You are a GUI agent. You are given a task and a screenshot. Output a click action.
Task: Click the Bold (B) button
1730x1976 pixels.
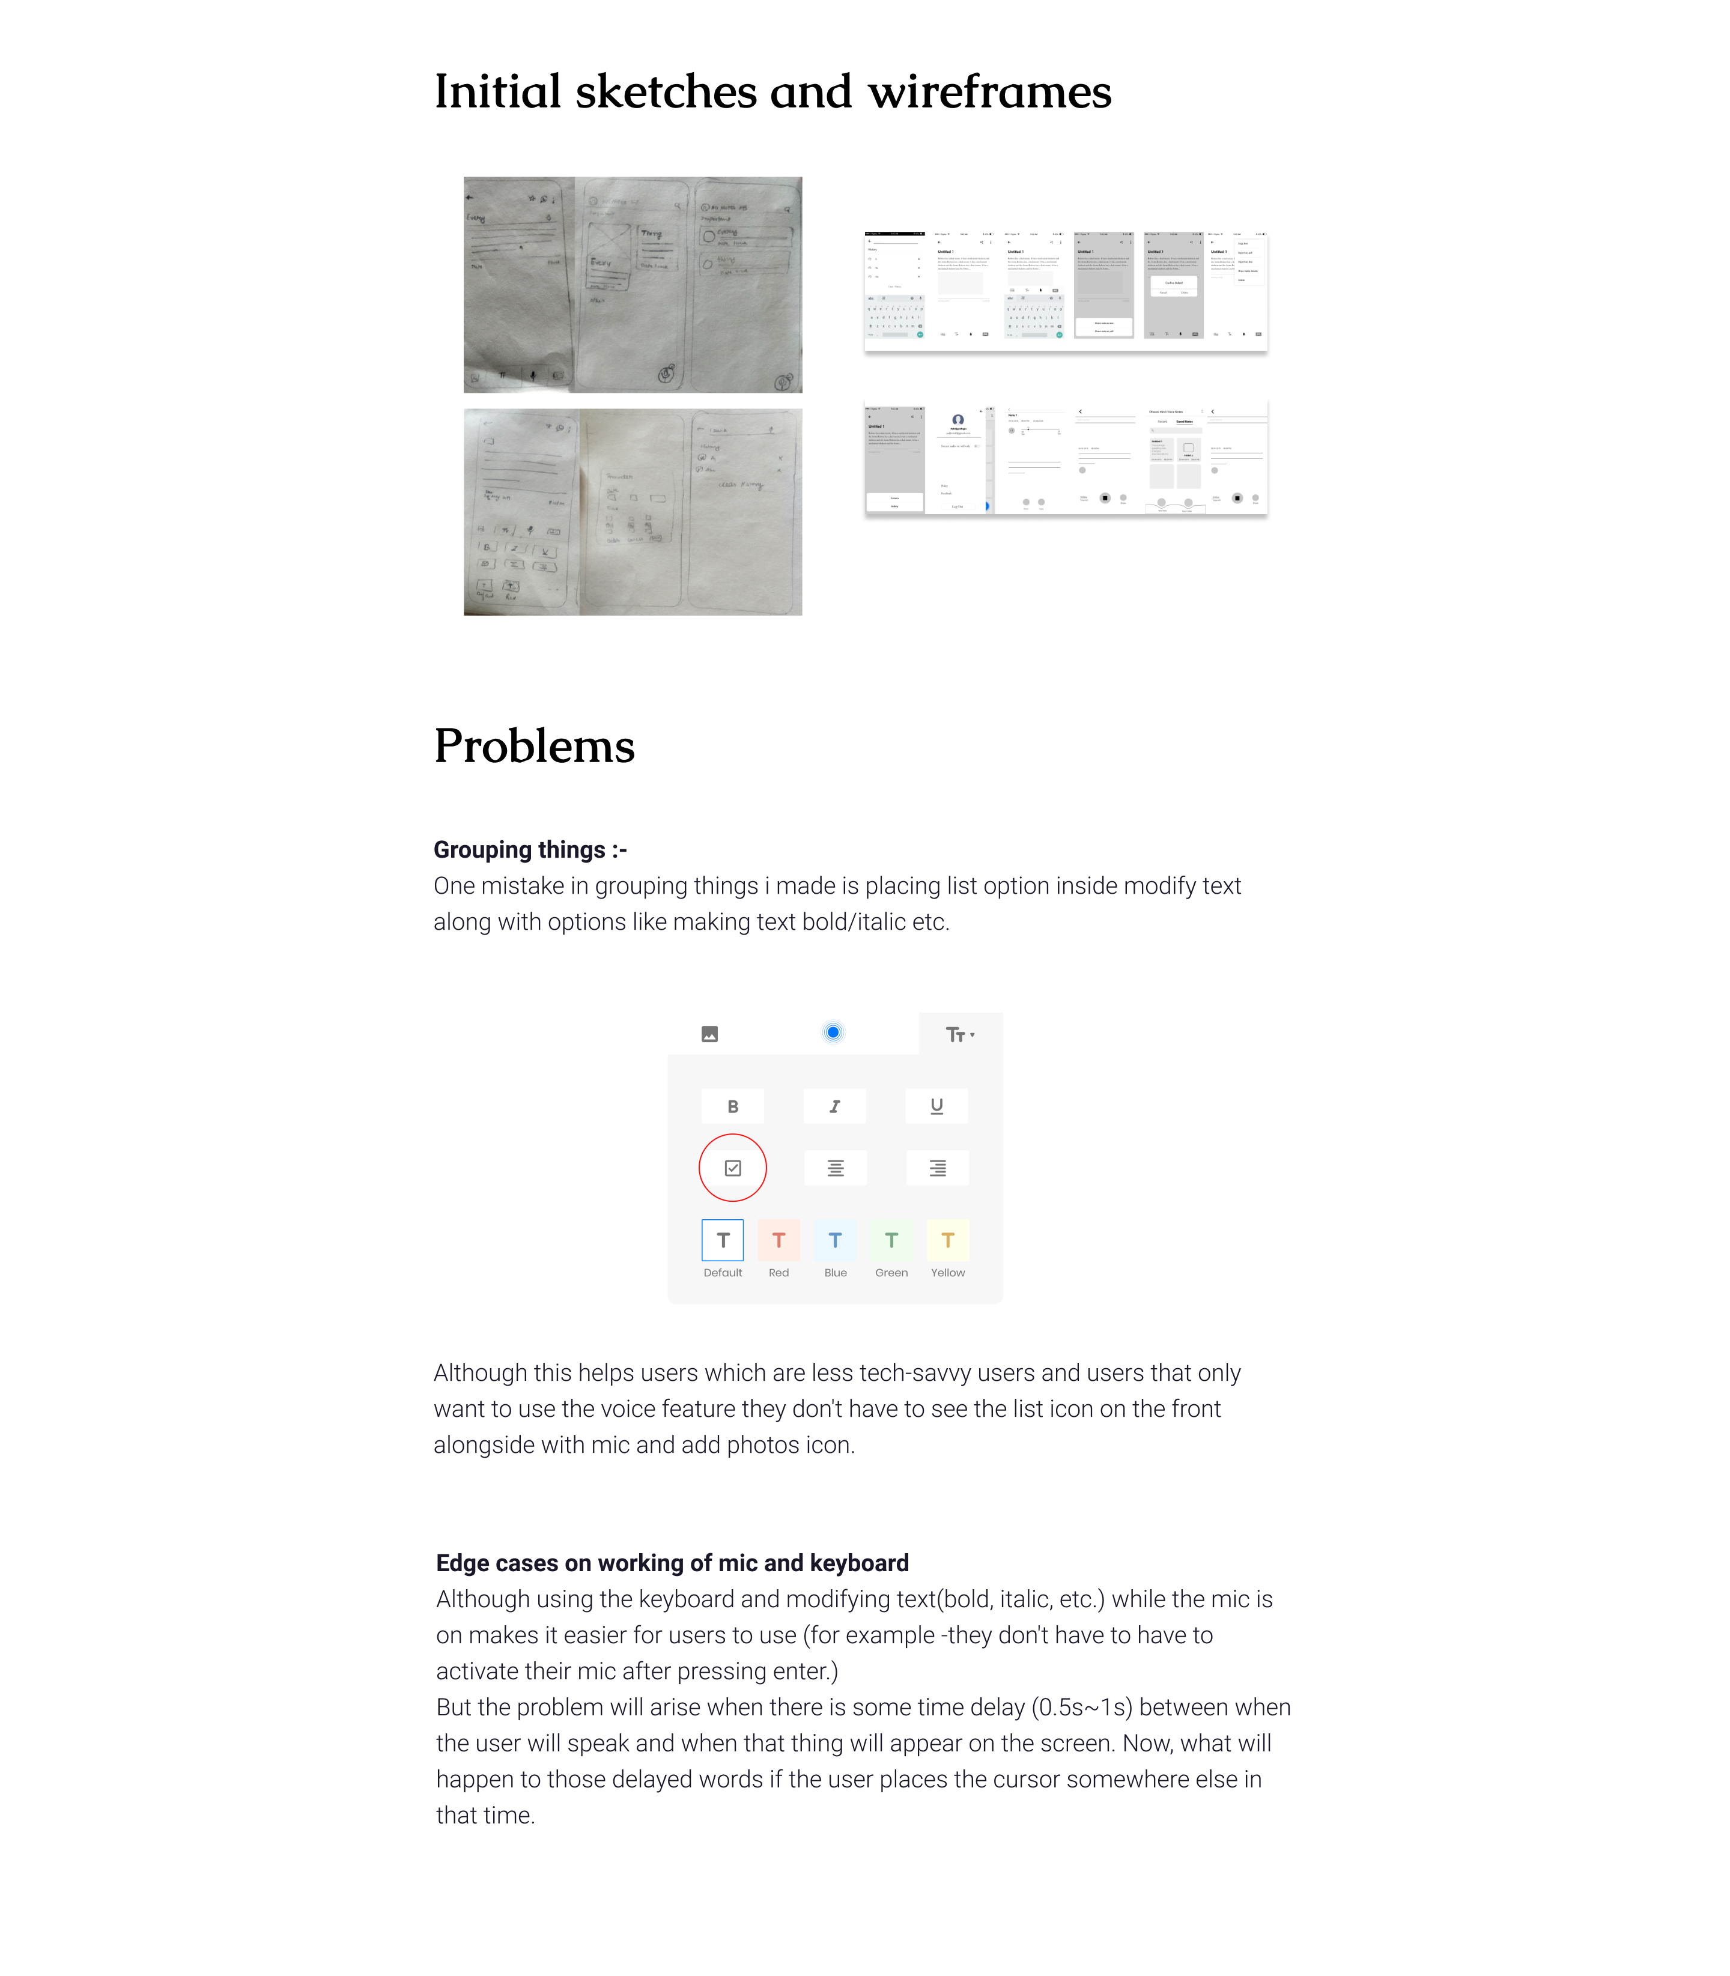[733, 1106]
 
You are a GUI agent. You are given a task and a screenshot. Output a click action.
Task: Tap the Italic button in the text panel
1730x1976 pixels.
[834, 1106]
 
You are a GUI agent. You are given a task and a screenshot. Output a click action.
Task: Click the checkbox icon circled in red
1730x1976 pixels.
[733, 1168]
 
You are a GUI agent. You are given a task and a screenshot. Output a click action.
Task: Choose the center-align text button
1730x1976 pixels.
[835, 1168]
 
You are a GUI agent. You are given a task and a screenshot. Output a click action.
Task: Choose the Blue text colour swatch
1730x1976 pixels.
[835, 1240]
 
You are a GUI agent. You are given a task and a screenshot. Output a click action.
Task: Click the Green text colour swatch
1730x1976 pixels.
[891, 1240]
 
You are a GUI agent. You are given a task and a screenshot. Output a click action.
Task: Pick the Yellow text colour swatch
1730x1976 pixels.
[948, 1240]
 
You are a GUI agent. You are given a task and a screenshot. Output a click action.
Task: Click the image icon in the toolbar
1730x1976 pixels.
[709, 1034]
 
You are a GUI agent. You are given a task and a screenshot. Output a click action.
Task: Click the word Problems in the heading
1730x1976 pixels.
[534, 746]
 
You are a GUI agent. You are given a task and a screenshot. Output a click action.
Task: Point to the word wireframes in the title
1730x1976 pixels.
[989, 92]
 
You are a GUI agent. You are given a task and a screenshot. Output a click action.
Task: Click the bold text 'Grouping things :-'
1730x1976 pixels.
[530, 849]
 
